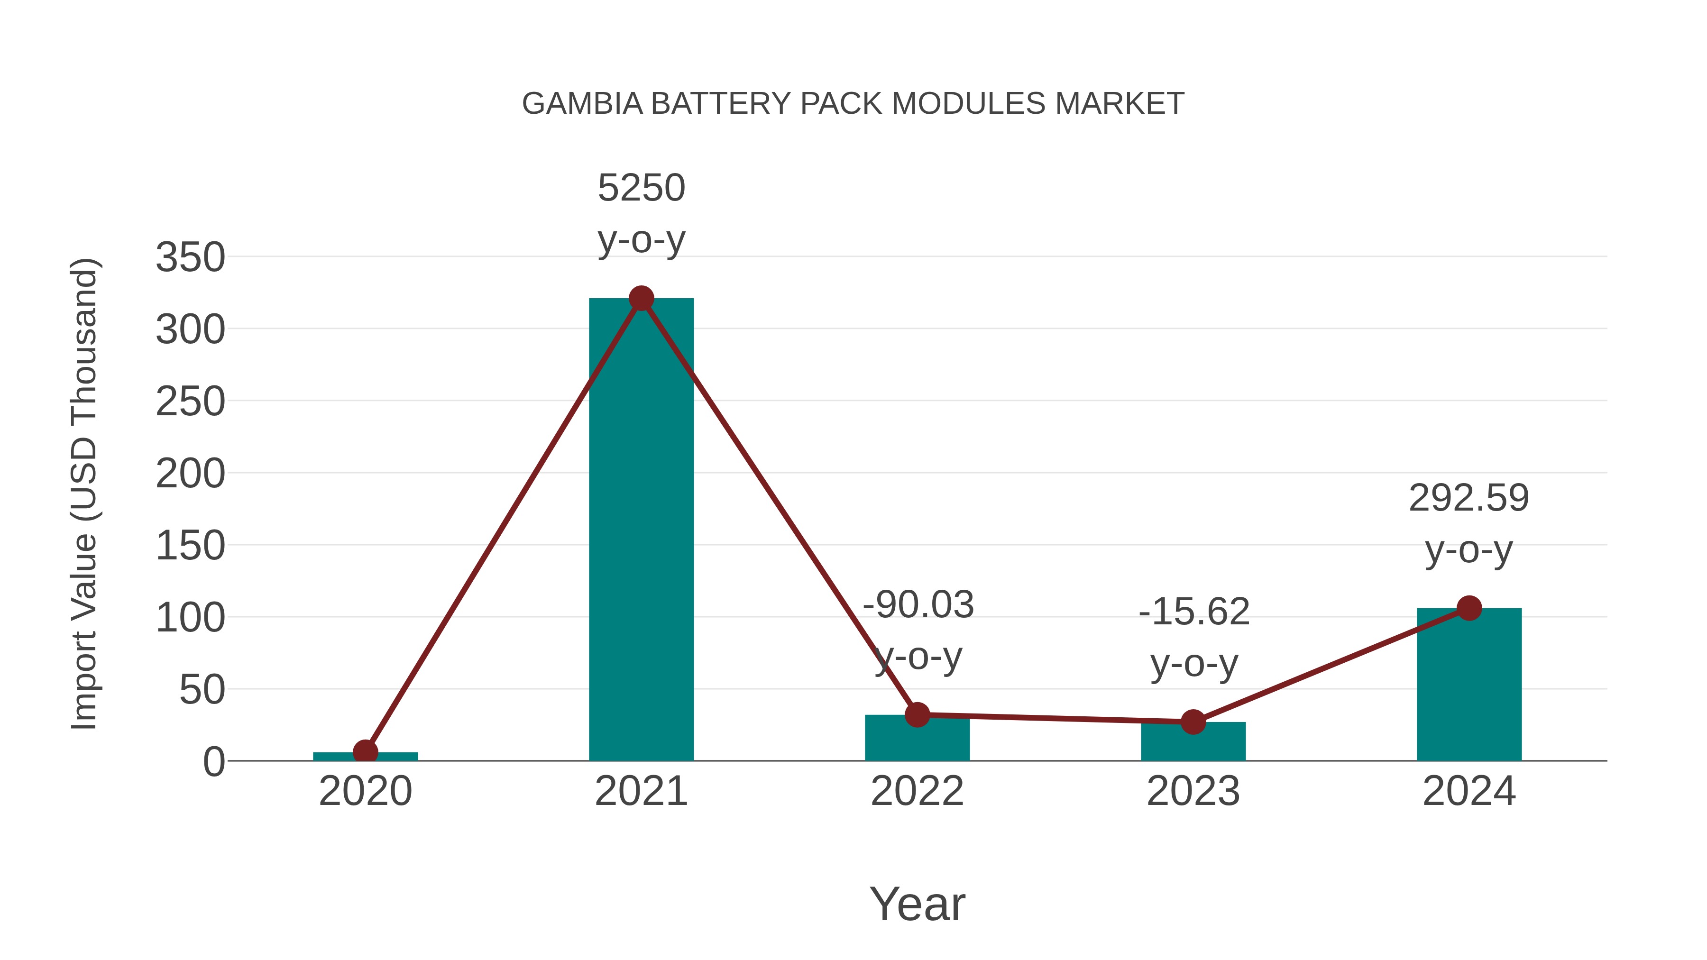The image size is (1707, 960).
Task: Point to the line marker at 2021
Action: pos(641,299)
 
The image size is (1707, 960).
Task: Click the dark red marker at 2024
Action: pos(1468,608)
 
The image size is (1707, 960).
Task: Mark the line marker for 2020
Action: pos(365,751)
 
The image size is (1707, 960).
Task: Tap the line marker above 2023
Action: pos(1193,722)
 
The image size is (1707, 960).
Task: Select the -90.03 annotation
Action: pos(918,605)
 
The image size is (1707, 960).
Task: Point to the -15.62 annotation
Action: pos(1193,612)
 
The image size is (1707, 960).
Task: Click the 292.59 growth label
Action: pos(1468,498)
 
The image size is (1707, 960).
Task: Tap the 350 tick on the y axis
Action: pos(190,258)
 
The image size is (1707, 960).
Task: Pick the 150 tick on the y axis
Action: pos(190,547)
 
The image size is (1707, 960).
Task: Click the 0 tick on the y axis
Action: pos(213,762)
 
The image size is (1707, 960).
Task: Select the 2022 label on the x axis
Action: pos(917,792)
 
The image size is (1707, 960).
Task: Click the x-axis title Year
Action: pos(917,905)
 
